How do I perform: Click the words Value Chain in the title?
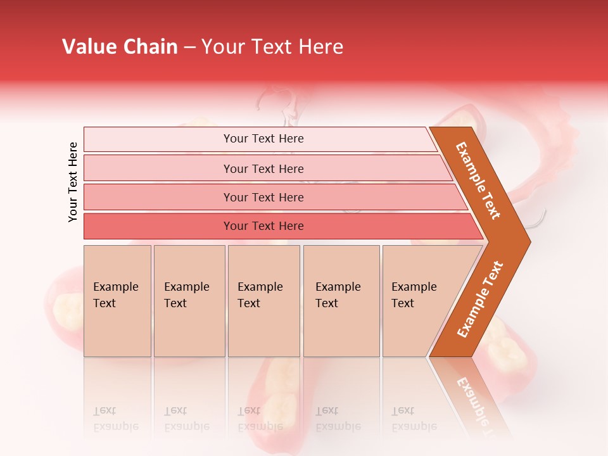(x=120, y=47)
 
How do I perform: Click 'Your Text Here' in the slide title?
(x=272, y=47)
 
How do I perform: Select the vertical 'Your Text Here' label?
(x=73, y=182)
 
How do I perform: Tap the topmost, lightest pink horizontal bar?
(x=263, y=139)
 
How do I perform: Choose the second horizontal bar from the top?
(x=263, y=168)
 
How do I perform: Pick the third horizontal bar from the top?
(x=263, y=197)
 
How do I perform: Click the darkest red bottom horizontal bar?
(x=263, y=226)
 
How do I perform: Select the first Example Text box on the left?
(x=117, y=301)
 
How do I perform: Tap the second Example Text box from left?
(x=189, y=301)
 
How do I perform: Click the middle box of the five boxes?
(x=263, y=301)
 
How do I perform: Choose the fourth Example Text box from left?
(x=341, y=301)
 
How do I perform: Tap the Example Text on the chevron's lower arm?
(x=479, y=300)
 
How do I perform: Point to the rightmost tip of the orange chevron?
(x=529, y=242)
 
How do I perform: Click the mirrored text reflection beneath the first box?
(x=115, y=419)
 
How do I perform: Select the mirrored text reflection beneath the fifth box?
(x=414, y=419)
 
